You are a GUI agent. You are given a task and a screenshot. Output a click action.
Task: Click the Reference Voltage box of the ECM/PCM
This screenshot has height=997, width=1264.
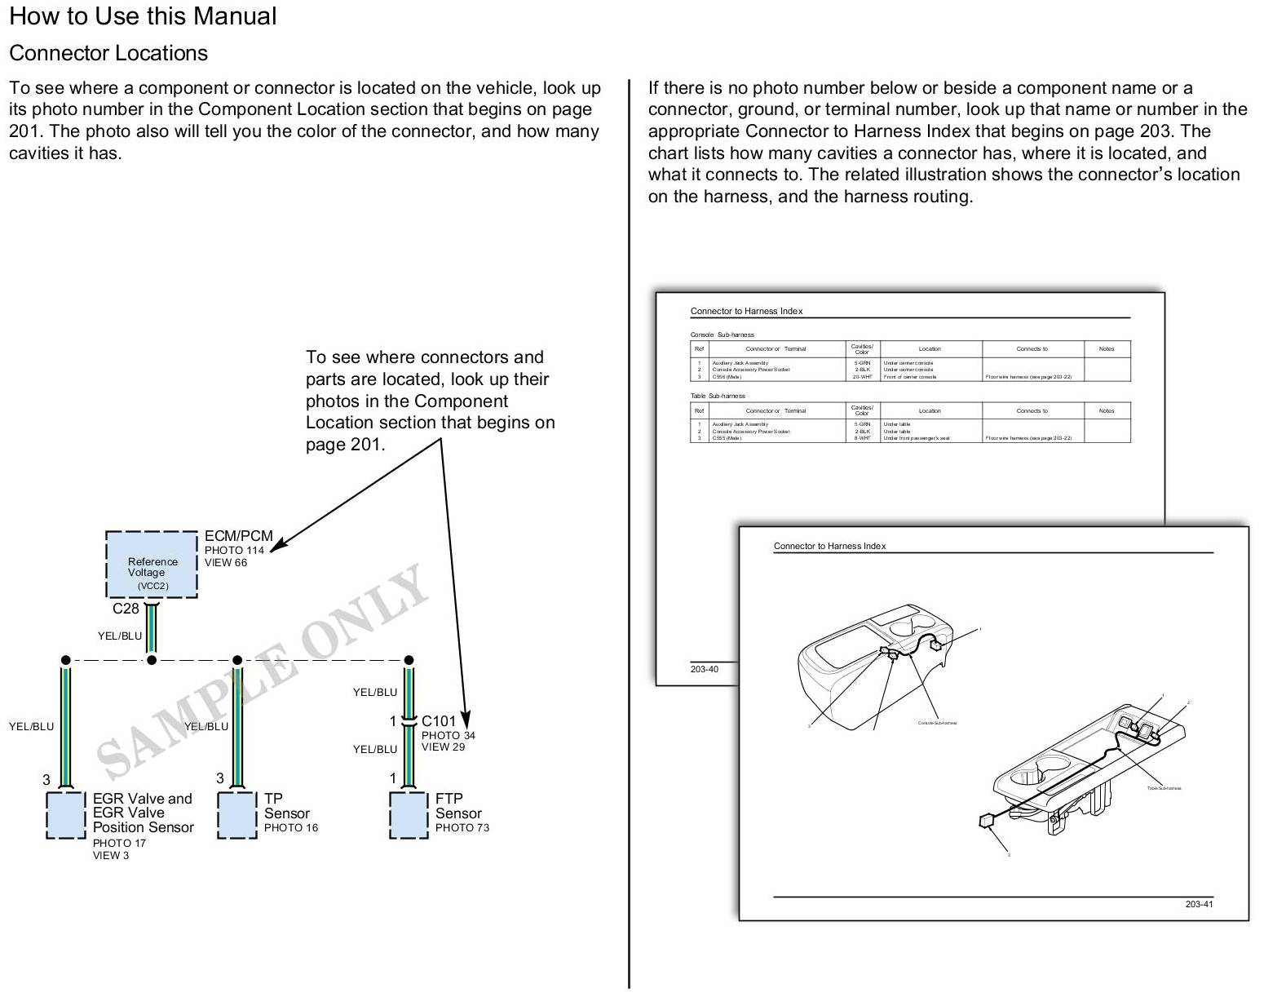(152, 565)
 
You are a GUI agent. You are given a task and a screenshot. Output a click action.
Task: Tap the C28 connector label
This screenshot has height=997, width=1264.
(126, 609)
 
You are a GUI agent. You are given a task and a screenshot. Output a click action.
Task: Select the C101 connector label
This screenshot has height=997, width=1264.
(439, 721)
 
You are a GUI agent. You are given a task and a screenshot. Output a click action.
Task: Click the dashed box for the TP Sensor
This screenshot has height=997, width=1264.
(237, 814)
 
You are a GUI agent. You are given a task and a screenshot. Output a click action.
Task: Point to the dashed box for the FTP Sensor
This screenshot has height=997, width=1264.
(409, 814)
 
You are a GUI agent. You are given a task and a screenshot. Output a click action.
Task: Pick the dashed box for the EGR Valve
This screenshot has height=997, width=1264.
(66, 814)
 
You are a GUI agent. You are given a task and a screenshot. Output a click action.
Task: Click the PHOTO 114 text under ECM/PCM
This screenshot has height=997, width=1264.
(234, 551)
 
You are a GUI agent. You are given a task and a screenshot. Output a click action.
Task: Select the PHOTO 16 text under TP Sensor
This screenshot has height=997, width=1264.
(290, 828)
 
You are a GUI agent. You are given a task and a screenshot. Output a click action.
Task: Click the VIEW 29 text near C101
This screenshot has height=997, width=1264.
(443, 747)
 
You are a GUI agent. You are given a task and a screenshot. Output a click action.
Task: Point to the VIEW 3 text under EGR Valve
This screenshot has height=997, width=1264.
(111, 856)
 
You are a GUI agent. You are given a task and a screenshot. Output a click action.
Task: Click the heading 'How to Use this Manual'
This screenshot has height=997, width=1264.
(143, 16)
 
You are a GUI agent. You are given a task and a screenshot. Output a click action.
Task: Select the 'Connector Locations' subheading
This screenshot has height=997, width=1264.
(108, 53)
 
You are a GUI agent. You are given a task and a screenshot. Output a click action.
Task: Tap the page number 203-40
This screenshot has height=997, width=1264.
(705, 670)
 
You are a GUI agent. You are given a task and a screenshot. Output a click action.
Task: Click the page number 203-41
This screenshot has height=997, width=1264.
(1200, 904)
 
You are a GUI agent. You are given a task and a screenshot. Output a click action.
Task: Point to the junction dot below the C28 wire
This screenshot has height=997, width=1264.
(151, 660)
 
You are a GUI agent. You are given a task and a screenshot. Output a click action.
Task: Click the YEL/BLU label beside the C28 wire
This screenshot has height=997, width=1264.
(120, 636)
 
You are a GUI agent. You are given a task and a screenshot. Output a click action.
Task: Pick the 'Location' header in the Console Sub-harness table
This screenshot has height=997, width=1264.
(930, 349)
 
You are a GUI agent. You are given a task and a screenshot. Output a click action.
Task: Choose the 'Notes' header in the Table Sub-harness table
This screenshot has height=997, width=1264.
(1106, 411)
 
